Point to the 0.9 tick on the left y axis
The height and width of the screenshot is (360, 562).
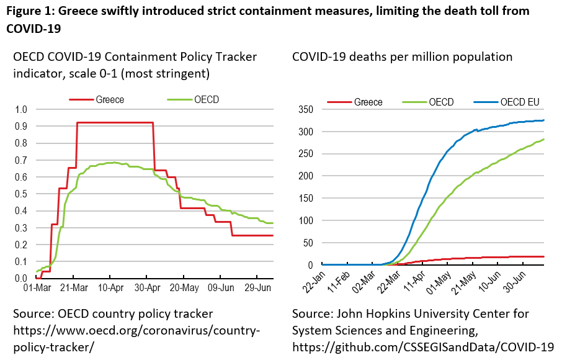tap(22, 127)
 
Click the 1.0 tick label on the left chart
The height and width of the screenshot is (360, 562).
tap(22, 110)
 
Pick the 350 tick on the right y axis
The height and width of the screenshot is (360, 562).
tap(304, 110)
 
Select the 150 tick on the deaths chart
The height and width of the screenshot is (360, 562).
tap(304, 199)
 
